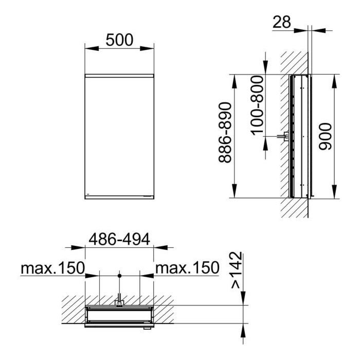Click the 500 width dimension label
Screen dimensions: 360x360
[119, 40]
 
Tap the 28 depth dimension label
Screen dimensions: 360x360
[282, 22]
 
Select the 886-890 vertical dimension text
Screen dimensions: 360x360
[225, 133]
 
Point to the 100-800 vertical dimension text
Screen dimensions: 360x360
[257, 105]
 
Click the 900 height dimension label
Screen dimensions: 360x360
[326, 137]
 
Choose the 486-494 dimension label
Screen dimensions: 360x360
[119, 239]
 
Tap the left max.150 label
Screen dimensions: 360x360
[53, 268]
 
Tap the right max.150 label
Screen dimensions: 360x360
[187, 268]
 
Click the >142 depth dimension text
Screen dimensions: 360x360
[237, 270]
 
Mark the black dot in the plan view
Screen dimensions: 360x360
[119, 275]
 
